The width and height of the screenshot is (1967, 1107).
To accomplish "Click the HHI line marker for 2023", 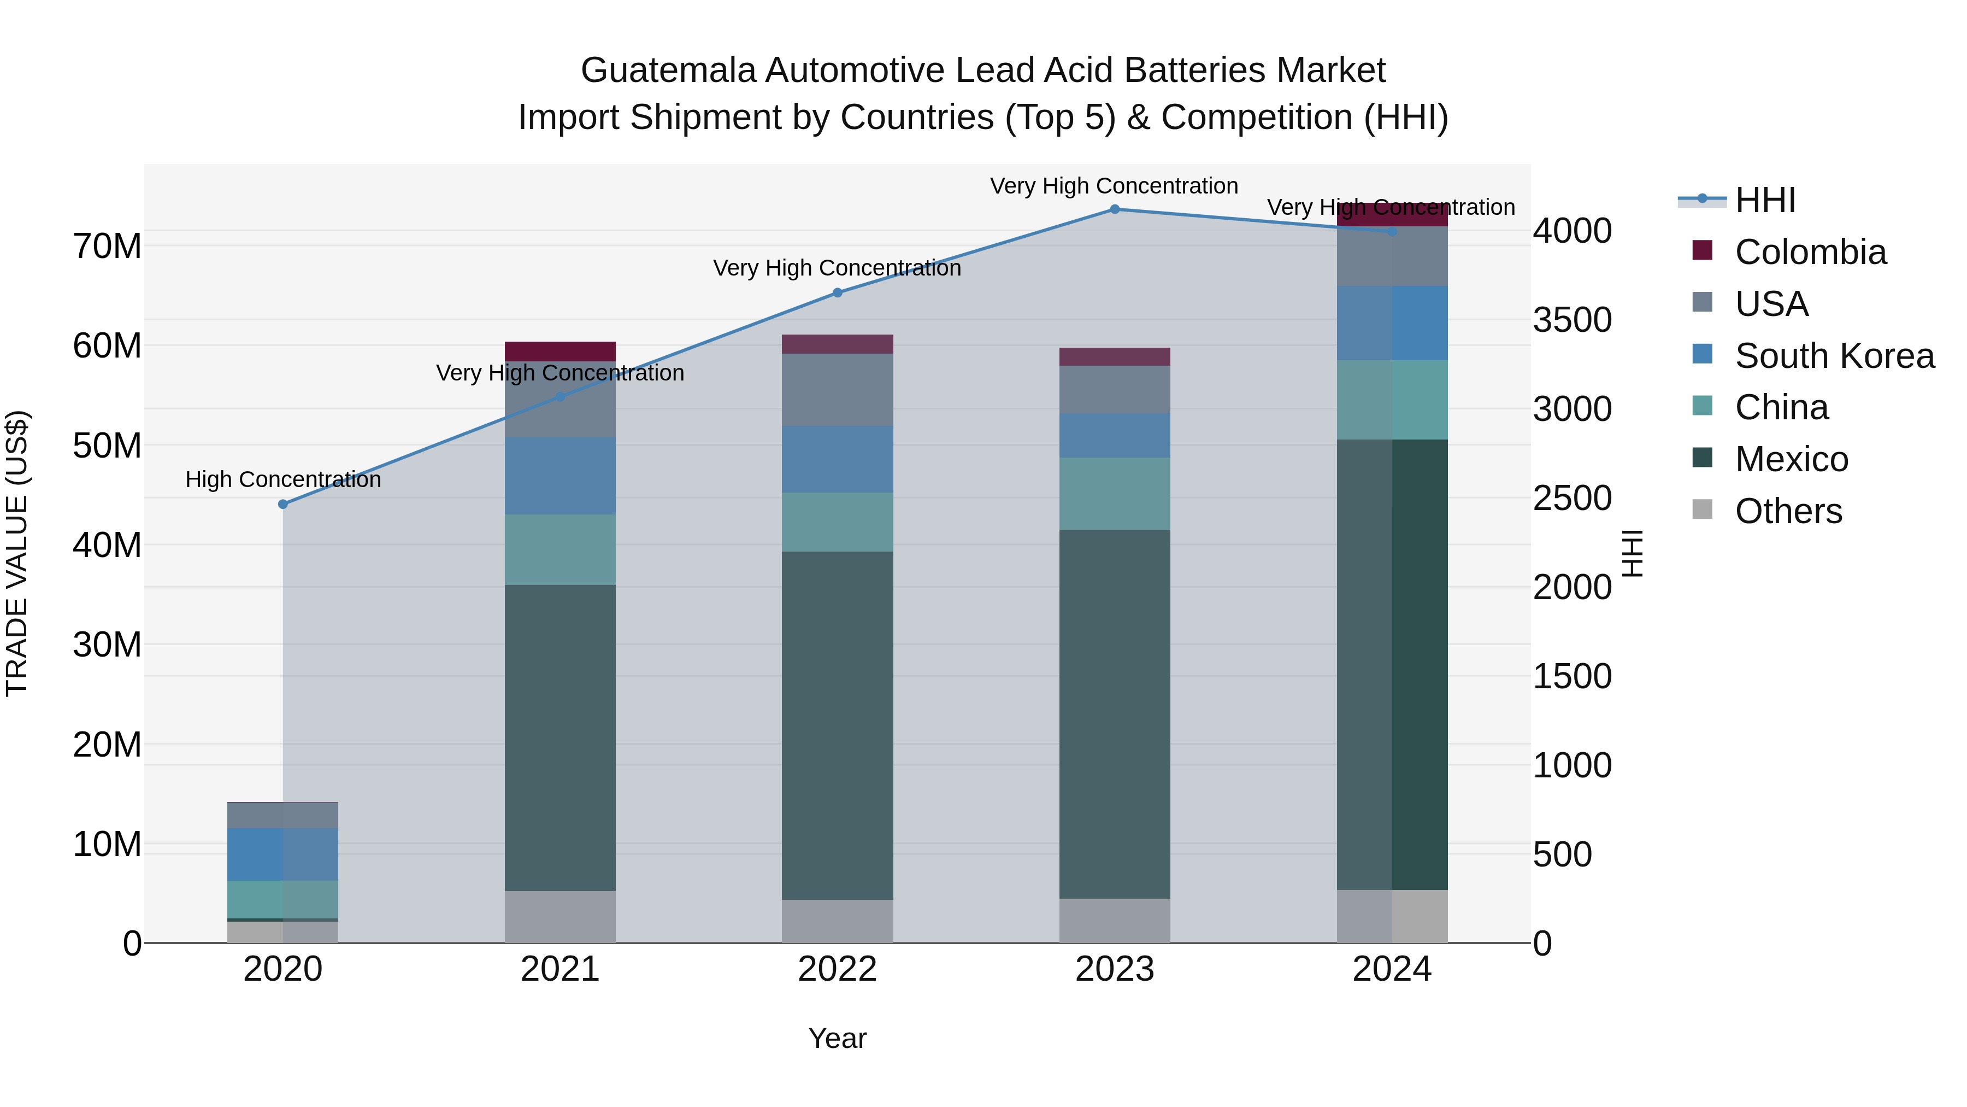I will click(x=1114, y=209).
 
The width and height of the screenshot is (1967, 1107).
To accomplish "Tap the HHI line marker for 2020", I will click(x=282, y=504).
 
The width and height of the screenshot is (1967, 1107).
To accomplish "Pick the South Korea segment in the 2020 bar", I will click(x=282, y=854).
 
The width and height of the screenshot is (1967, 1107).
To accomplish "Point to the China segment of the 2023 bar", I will click(x=1114, y=494).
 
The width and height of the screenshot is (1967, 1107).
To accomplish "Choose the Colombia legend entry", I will click(x=1810, y=252).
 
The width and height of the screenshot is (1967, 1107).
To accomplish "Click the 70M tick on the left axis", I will click(x=107, y=246).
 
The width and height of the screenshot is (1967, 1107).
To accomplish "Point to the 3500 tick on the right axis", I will click(x=1572, y=320).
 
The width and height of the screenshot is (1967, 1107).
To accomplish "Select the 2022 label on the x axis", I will click(x=837, y=969).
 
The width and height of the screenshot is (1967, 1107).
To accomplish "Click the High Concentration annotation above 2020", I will click(x=282, y=480).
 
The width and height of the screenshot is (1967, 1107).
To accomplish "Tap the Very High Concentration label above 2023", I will click(x=1114, y=186).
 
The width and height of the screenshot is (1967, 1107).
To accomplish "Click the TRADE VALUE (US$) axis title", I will click(x=17, y=553).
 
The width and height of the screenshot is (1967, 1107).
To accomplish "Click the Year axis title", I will click(x=837, y=1038).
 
